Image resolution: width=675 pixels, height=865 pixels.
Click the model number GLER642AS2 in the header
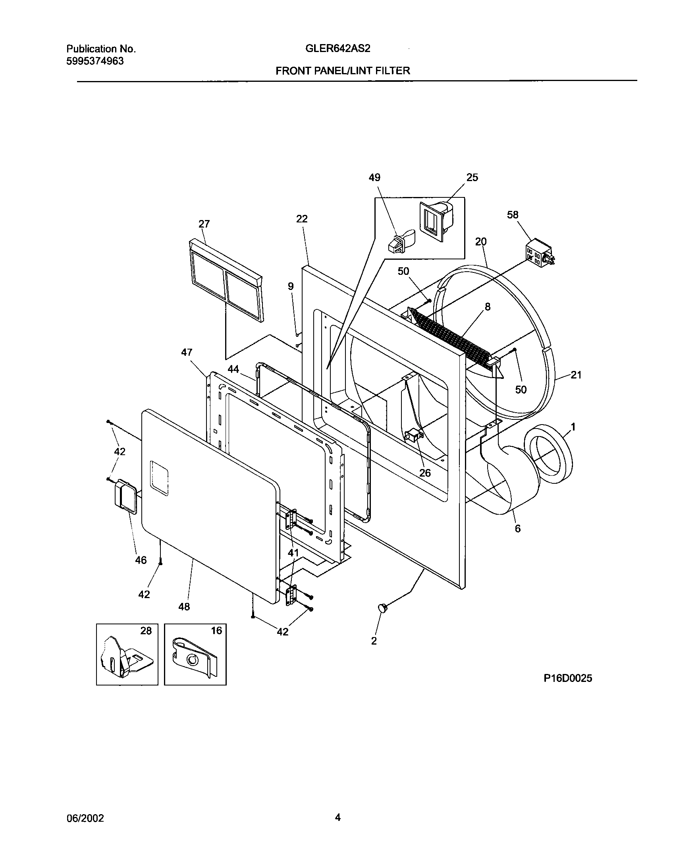point(338,48)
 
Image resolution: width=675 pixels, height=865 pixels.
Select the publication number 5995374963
point(95,61)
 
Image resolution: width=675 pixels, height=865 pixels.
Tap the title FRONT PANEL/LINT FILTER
point(343,71)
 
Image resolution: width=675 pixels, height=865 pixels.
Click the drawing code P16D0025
point(568,678)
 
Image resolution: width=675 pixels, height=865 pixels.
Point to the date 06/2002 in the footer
point(85,818)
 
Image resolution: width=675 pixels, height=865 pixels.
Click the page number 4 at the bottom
point(337,817)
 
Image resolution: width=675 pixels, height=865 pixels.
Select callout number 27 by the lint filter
point(204,224)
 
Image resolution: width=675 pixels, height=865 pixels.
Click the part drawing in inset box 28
point(125,660)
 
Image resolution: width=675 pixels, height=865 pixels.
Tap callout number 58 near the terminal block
point(513,215)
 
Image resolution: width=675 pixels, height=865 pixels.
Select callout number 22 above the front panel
point(302,219)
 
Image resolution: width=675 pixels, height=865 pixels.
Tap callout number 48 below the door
point(184,606)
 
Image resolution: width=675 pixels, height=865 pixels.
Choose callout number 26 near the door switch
point(425,473)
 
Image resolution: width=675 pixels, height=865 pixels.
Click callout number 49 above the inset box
point(374,178)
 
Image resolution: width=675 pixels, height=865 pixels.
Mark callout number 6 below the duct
point(517,529)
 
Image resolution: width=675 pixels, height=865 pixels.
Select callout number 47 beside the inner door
point(187,352)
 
